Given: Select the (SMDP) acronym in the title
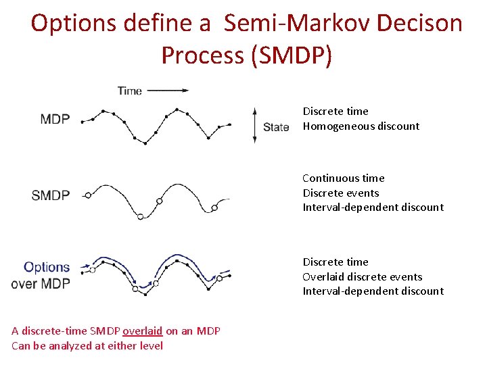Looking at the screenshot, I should click(x=292, y=55).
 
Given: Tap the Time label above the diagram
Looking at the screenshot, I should click(x=129, y=90).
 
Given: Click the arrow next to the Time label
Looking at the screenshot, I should click(x=168, y=89).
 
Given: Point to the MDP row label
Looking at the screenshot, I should click(x=55, y=120).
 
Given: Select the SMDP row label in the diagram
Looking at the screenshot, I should click(x=50, y=195).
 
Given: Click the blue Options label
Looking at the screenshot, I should click(x=47, y=267).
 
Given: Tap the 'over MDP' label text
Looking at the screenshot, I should click(x=41, y=284).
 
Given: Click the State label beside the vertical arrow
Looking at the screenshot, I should click(x=276, y=126).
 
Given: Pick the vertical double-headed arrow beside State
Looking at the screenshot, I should click(x=254, y=125).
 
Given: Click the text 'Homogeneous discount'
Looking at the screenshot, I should click(x=361, y=126).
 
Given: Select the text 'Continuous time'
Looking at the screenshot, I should click(x=343, y=178).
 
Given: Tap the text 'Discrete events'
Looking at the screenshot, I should click(x=340, y=193).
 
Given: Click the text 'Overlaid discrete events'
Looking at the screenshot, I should click(x=362, y=276).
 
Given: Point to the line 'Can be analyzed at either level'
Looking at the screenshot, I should click(x=87, y=346).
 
